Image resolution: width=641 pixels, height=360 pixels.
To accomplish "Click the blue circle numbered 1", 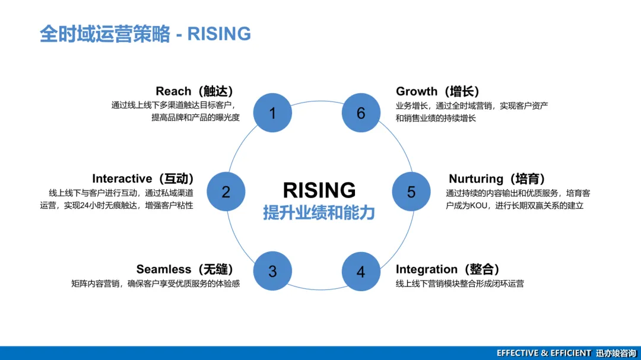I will pos(272,113).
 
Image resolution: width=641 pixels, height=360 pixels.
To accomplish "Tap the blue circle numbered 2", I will pos(226,192).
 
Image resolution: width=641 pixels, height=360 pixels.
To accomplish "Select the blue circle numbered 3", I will pos(272,271).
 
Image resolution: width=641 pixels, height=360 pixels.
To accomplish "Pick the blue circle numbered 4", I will pos(361,272).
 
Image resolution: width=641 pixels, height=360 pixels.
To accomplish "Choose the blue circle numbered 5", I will pos(411,192).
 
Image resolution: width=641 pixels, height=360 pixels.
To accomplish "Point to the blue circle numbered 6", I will pos(361,113).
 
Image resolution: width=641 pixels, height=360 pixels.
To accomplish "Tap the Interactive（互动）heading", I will pos(142,179).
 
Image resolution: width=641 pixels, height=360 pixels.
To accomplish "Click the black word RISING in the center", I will pos(319,190).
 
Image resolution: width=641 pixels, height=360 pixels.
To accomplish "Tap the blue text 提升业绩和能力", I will pos(319,212).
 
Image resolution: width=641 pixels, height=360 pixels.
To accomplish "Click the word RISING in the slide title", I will pos(219,34).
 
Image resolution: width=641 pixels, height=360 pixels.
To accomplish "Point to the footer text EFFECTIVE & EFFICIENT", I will pos(544,353).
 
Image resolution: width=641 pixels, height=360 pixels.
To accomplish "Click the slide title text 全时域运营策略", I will pos(104,34).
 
